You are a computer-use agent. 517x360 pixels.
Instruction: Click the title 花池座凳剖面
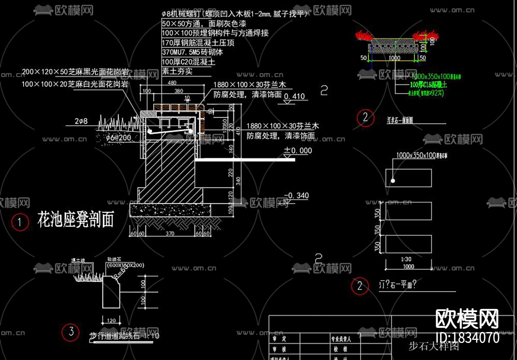click(76, 219)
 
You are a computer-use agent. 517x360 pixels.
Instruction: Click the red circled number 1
click(19, 222)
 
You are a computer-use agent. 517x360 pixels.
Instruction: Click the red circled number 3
click(71, 332)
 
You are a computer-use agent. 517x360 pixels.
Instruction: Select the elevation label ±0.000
click(298, 150)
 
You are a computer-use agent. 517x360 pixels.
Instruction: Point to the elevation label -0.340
click(297, 195)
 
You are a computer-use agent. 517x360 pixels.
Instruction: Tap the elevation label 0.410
click(294, 96)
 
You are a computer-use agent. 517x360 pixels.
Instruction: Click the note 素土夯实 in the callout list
click(177, 71)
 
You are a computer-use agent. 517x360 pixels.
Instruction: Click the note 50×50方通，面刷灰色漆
click(204, 24)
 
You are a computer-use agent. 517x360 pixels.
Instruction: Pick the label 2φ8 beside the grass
click(81, 121)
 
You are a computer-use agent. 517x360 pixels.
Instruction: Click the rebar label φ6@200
click(119, 138)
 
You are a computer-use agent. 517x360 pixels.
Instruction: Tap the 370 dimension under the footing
click(170, 233)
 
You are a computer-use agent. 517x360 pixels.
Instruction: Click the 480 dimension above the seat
click(172, 83)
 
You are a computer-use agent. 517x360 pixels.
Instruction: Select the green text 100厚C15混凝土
click(428, 85)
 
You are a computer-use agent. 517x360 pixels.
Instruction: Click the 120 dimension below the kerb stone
click(111, 320)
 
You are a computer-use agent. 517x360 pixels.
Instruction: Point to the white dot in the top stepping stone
click(393, 181)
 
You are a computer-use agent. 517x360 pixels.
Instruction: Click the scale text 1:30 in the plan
click(406, 259)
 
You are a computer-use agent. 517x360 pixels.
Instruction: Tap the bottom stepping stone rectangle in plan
click(409, 244)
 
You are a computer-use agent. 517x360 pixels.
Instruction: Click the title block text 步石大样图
click(433, 346)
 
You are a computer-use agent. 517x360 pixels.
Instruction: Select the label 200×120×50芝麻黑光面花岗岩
click(75, 72)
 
